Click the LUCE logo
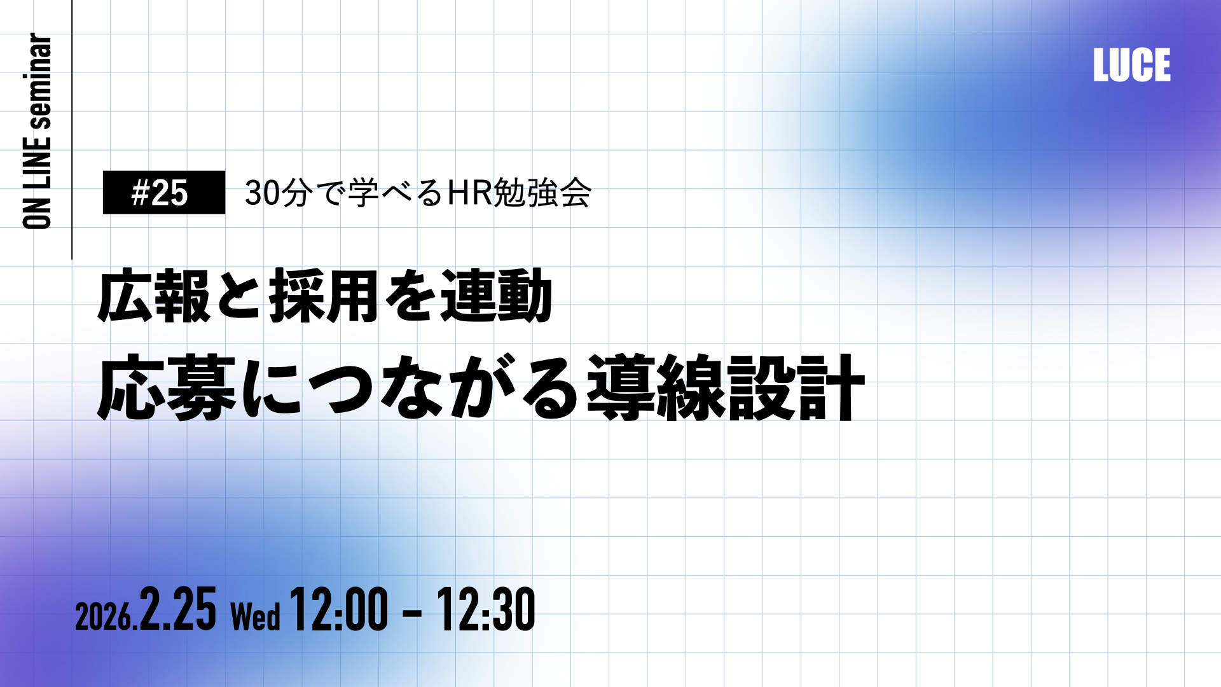(x=1132, y=65)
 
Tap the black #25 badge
(x=164, y=192)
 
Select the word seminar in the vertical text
(x=38, y=81)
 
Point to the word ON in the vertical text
(x=38, y=212)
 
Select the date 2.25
(x=178, y=609)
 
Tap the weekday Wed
(x=255, y=616)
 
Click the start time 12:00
(x=339, y=609)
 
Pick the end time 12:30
(x=486, y=609)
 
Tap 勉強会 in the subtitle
(x=542, y=193)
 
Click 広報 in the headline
(x=154, y=296)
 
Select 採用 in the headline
(x=324, y=296)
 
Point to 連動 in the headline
(x=497, y=296)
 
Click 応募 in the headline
(x=167, y=387)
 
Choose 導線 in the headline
(x=656, y=387)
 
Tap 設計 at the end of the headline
(x=796, y=387)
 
